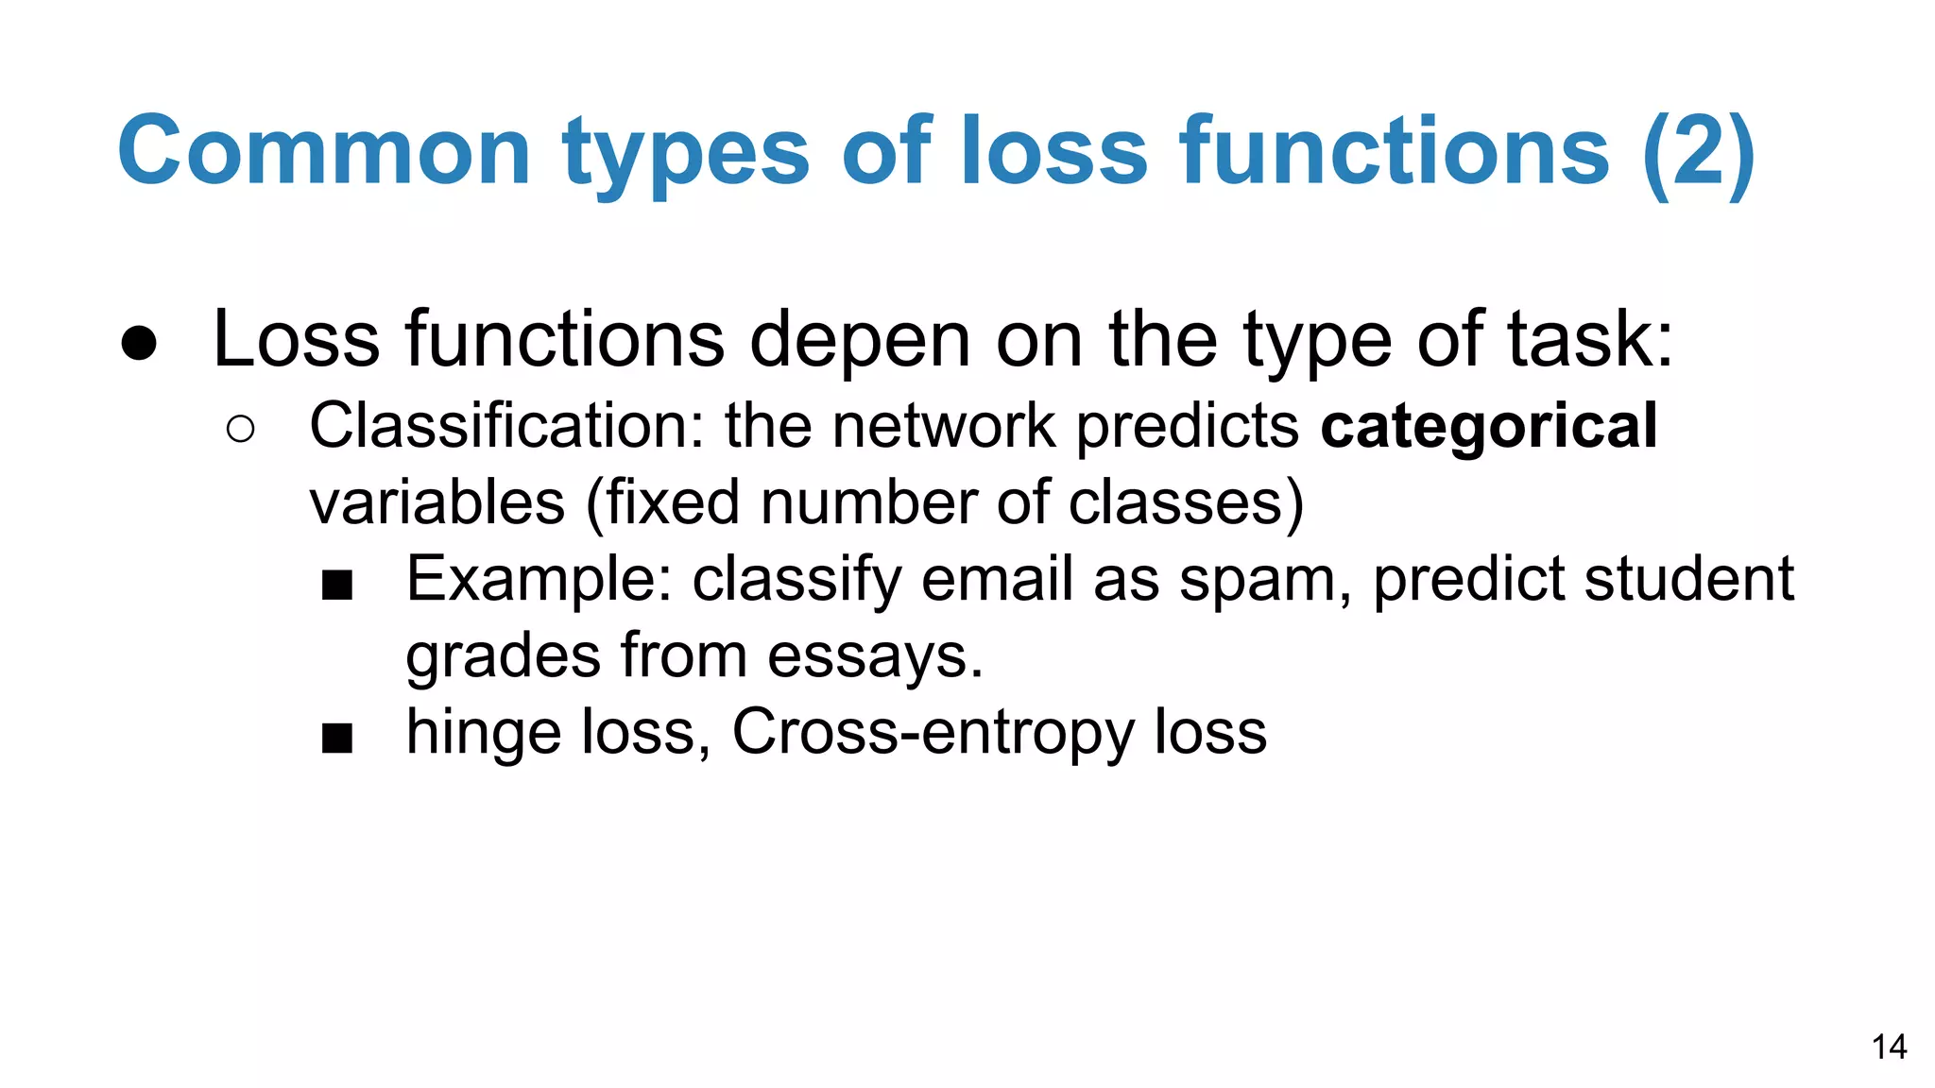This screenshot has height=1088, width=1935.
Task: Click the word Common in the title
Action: pyautogui.click(x=324, y=151)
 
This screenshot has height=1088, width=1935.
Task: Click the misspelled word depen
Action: pyautogui.click(x=860, y=340)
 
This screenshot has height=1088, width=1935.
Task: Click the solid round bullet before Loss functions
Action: pyautogui.click(x=139, y=343)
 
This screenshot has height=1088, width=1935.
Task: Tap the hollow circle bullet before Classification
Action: pyautogui.click(x=241, y=430)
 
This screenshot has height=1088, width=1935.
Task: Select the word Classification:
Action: pyautogui.click(x=507, y=426)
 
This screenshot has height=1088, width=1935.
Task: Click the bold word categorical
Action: pyautogui.click(x=1488, y=428)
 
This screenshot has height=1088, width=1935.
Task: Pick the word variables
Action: pyautogui.click(x=437, y=502)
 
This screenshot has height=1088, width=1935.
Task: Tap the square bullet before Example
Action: pyautogui.click(x=337, y=585)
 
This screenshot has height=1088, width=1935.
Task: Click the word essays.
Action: pyautogui.click(x=875, y=656)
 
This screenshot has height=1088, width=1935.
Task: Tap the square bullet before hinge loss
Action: pyautogui.click(x=337, y=738)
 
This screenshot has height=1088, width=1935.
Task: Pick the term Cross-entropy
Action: pyautogui.click(x=933, y=733)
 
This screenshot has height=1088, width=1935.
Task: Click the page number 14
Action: pyautogui.click(x=1889, y=1047)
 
